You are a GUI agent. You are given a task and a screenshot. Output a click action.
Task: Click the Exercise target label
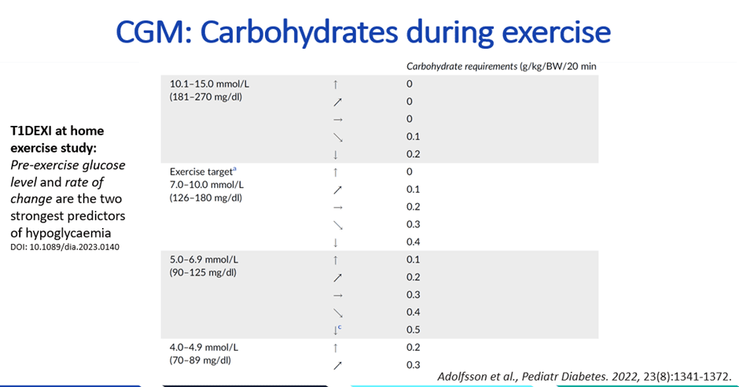pos(198,171)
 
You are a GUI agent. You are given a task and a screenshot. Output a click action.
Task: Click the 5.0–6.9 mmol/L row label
pos(204,259)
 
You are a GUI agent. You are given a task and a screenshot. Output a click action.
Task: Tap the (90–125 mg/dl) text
pos(204,272)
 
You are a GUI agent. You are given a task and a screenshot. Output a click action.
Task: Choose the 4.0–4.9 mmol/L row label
pos(204,347)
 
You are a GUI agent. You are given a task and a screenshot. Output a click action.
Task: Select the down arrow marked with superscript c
pos(336,330)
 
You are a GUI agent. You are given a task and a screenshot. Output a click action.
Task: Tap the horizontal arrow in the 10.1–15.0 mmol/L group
pos(336,119)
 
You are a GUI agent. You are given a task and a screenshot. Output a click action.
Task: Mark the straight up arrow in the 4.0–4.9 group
pos(336,348)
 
